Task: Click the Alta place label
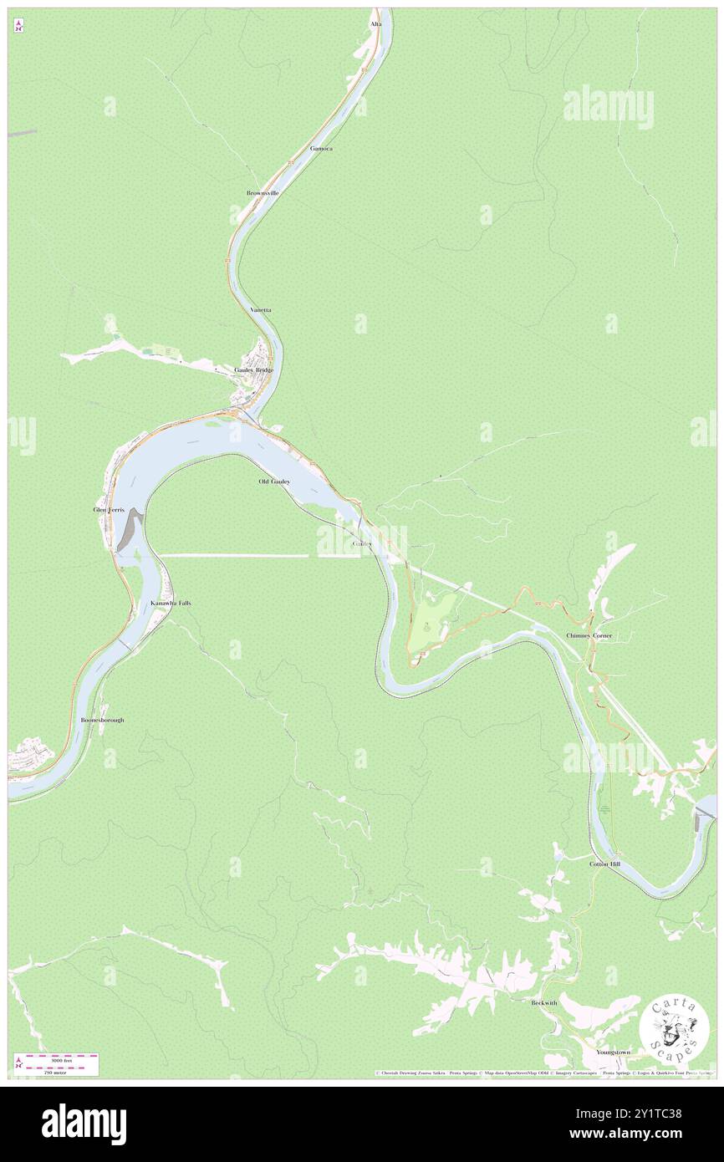tap(376, 24)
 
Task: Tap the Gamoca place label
tap(321, 148)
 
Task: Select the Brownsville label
tap(262, 192)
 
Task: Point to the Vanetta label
tap(261, 309)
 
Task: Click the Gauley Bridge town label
tap(253, 369)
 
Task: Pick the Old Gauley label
tap(274, 482)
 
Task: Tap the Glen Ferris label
tap(109, 509)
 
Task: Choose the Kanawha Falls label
tap(171, 603)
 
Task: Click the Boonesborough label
tap(102, 719)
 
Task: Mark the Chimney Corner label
tap(589, 635)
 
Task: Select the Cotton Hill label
tap(604, 864)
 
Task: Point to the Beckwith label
tap(543, 1002)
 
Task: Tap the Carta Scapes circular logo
tap(675, 1027)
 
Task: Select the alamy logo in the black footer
tap(84, 1124)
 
